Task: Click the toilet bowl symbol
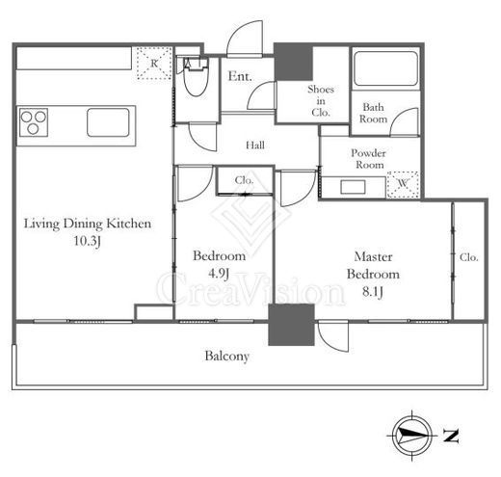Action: tap(196, 76)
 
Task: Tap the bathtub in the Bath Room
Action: tap(385, 68)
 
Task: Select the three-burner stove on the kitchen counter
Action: tap(34, 122)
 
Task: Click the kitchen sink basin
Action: tap(108, 122)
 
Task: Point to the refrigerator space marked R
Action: tap(154, 64)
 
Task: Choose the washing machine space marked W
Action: tap(403, 185)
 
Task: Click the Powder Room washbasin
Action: tap(353, 187)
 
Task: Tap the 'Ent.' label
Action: tap(240, 76)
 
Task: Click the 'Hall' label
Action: tap(255, 146)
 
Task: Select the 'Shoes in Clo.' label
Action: tap(321, 100)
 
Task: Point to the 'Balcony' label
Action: tap(227, 357)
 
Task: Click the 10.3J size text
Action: tap(88, 241)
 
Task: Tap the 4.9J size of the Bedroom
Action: tap(219, 274)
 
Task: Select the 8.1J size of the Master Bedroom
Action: tap(373, 292)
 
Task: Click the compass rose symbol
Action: tap(412, 436)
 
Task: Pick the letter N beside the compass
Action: tap(451, 436)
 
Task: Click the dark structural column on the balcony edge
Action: tap(291, 325)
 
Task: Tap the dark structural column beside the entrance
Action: tap(293, 62)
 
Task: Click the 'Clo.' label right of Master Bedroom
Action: tap(469, 257)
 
